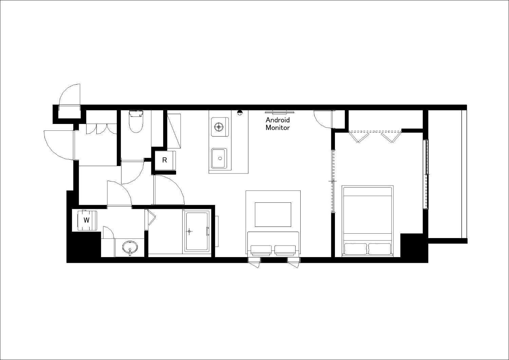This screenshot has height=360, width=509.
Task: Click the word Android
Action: [x=278, y=120]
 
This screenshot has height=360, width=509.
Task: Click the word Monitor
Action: [x=278, y=128]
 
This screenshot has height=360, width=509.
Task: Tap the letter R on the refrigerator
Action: [x=165, y=160]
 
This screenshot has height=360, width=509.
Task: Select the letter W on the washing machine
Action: [x=87, y=220]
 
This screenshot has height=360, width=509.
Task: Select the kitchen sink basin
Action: [x=220, y=159]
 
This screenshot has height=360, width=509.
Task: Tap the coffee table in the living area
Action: [x=273, y=215]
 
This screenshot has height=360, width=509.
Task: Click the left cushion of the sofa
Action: [x=261, y=250]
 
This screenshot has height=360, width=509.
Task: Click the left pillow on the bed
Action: [x=355, y=249]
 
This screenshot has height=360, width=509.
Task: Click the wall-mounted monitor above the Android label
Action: [x=279, y=111]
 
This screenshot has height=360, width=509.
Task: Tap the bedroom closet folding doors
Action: [x=375, y=136]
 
